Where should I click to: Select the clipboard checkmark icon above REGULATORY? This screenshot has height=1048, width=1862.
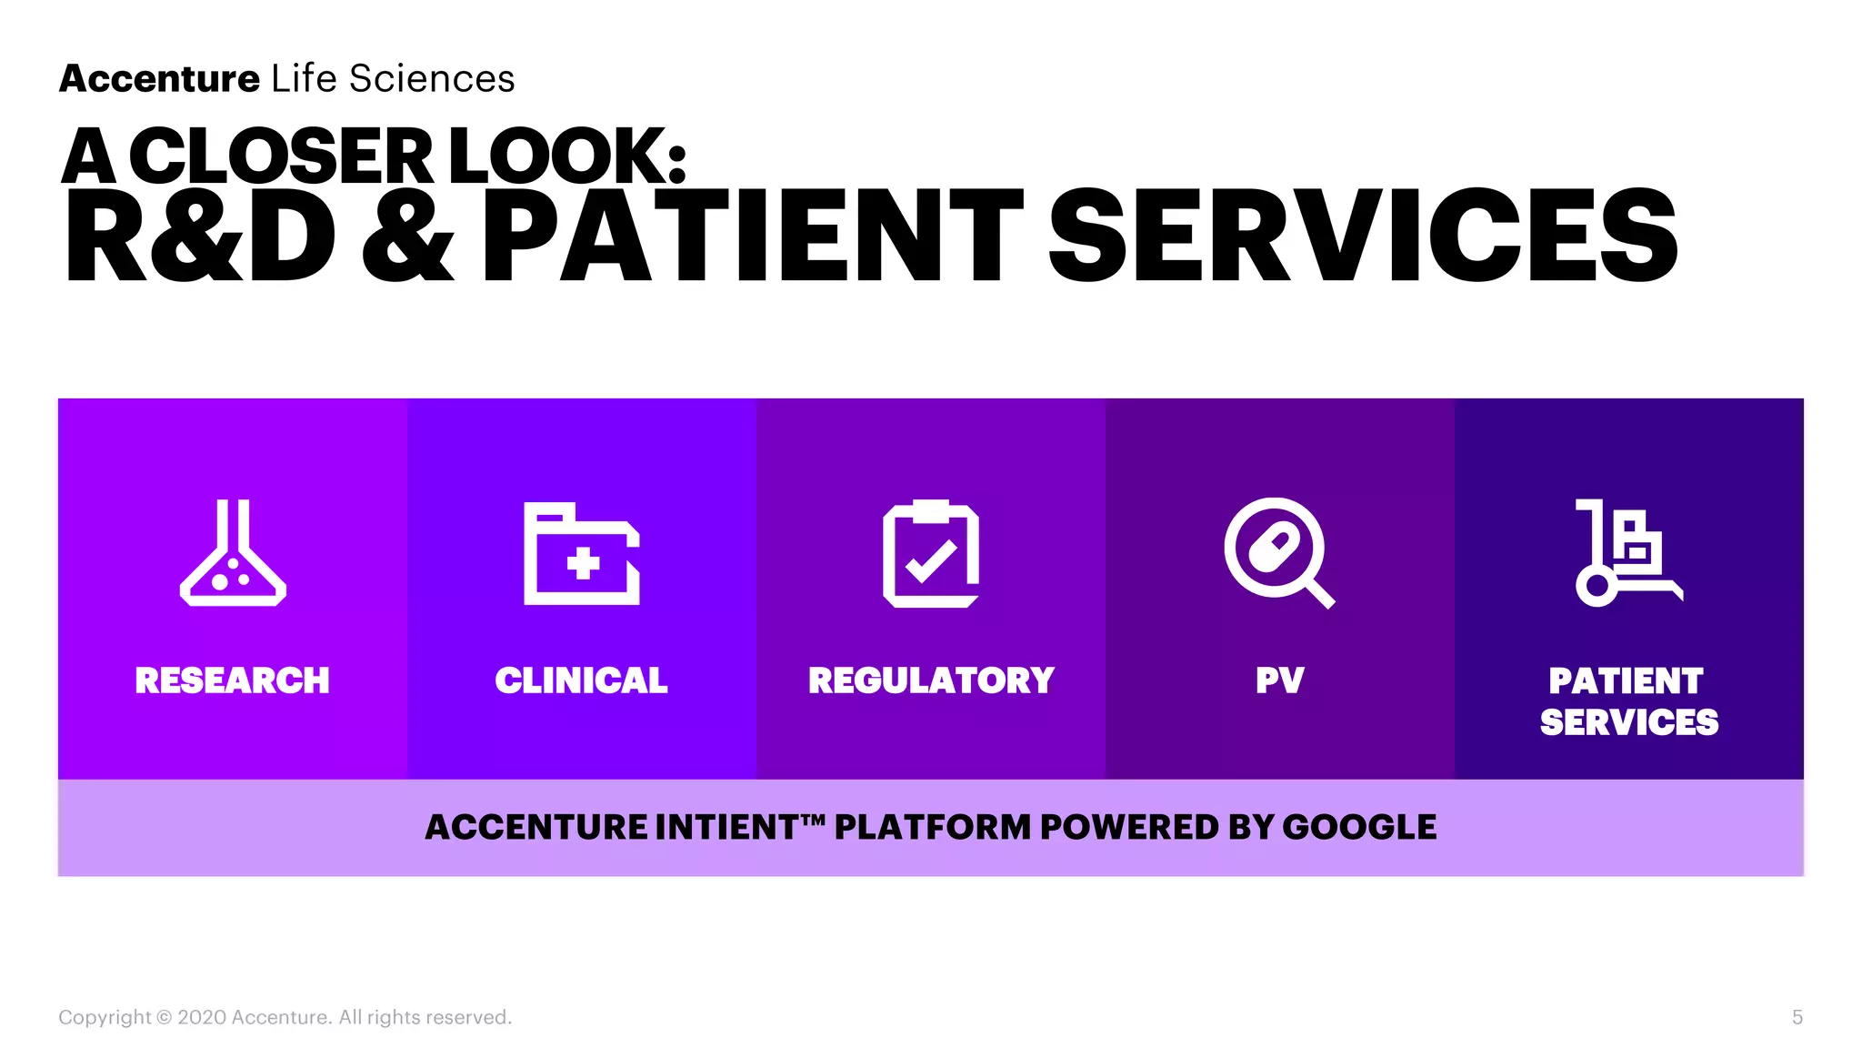(931, 553)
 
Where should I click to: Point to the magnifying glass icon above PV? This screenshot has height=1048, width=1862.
(1277, 551)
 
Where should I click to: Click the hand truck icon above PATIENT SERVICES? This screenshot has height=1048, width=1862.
(1627, 552)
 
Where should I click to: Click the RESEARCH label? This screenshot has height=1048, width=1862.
(233, 680)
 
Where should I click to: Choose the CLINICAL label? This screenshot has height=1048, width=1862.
(582, 680)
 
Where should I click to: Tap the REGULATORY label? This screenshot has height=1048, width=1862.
(931, 680)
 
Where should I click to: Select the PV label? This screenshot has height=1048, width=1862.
(1280, 680)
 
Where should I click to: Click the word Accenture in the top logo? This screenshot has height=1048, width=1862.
(160, 79)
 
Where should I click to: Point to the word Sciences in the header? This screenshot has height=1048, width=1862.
(432, 79)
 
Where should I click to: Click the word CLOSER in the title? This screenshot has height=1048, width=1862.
(282, 156)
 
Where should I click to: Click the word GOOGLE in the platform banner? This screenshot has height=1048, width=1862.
(1359, 827)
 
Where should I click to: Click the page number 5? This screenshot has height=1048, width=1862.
(1797, 1017)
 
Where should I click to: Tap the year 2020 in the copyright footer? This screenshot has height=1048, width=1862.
(202, 1017)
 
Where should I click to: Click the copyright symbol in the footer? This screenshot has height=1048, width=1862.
(165, 1017)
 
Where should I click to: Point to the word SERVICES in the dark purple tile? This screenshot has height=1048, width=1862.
(1629, 722)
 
